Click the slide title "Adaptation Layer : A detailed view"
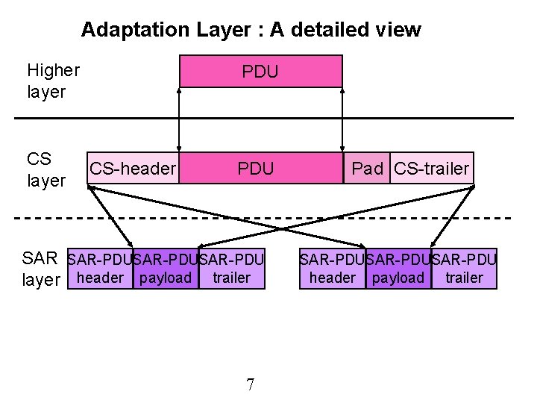(x=251, y=30)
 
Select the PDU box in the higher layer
(x=260, y=72)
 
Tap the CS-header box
(x=133, y=169)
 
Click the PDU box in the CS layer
(x=256, y=169)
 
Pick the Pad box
(x=367, y=169)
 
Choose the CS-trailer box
(x=432, y=169)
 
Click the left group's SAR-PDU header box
(x=100, y=269)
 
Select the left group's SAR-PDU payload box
(x=166, y=269)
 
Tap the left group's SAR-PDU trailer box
(x=232, y=269)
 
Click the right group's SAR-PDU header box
(x=332, y=269)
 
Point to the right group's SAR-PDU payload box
(x=398, y=269)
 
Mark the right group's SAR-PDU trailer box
(x=464, y=269)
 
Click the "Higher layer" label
(x=52, y=81)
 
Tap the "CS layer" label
(x=45, y=169)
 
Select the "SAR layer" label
(x=40, y=269)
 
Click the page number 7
(x=250, y=385)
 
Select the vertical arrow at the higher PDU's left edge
(x=179, y=119)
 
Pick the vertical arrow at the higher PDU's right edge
(x=342, y=119)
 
